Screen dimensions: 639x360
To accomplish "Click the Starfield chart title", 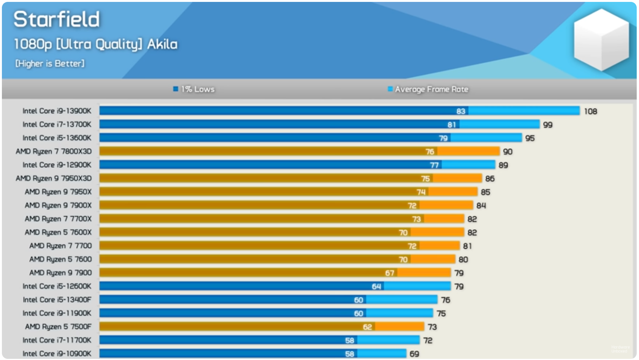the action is pos(57,19).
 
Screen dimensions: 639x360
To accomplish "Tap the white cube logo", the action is pos(601,40).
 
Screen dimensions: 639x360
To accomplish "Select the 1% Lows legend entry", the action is pos(194,89).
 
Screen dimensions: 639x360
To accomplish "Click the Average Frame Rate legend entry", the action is pos(428,89).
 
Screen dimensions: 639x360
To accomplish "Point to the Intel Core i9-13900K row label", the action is pos(57,111).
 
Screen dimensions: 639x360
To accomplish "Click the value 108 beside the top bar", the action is pos(590,111).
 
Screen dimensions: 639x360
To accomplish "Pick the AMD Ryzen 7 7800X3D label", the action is pos(54,151).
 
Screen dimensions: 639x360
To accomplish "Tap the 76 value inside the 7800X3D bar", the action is pos(430,151).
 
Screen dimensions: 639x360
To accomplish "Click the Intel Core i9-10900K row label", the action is pos(57,354).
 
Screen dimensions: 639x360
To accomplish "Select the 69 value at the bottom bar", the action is pos(414,354).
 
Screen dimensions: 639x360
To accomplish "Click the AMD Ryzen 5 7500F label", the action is pos(58,326).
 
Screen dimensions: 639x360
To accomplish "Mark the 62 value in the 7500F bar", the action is pos(368,327).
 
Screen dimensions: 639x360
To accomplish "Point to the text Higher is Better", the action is pos(50,63).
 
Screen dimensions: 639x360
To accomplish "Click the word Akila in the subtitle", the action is pos(162,44).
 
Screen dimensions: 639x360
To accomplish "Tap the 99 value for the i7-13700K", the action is pos(548,125).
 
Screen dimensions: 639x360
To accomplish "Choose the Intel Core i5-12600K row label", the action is pos(57,286).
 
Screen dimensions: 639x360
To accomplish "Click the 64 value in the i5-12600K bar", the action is pos(377,286).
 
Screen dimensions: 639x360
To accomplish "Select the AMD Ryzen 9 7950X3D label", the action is pos(54,178).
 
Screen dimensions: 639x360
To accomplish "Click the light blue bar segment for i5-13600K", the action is pos(487,138).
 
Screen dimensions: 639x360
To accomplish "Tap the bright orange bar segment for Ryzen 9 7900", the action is pos(424,273).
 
